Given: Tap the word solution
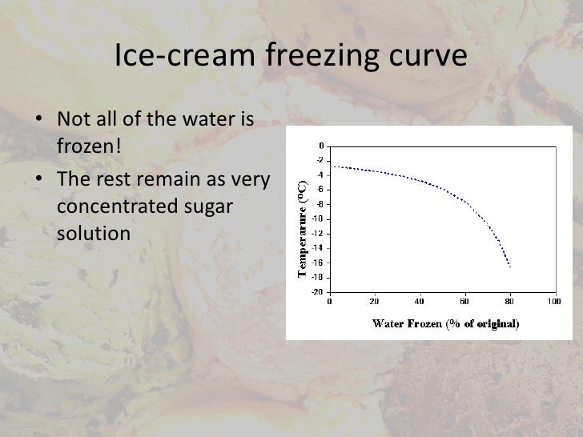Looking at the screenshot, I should (x=93, y=234).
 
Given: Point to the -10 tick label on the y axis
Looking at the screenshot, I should (x=318, y=218).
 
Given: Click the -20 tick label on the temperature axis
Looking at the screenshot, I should (x=318, y=291).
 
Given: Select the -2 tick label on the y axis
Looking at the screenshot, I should (x=320, y=160).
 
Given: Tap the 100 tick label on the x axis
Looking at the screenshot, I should (x=553, y=302).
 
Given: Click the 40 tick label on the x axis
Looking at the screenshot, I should (x=420, y=302).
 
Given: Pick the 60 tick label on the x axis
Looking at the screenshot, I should (x=464, y=302).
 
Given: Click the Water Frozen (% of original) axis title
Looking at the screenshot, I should (x=445, y=323).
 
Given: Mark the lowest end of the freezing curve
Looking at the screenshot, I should (x=509, y=267).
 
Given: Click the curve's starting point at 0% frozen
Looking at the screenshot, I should (x=331, y=166).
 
